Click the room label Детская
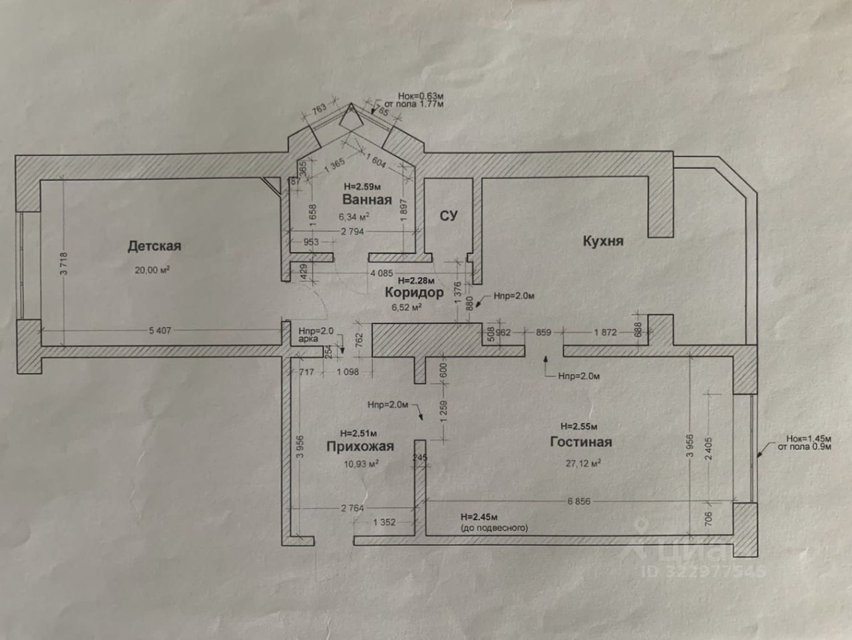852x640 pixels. pyautogui.click(x=154, y=246)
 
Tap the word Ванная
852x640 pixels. pyautogui.click(x=367, y=200)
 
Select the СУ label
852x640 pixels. pyautogui.click(x=448, y=215)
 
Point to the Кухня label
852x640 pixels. pyautogui.click(x=603, y=240)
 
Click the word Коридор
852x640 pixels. pyautogui.click(x=414, y=292)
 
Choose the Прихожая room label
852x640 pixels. pyautogui.click(x=359, y=446)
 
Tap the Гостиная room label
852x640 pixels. pyautogui.click(x=580, y=442)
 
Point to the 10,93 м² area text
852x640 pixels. pyautogui.click(x=361, y=464)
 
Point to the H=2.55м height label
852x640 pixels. pyautogui.click(x=578, y=426)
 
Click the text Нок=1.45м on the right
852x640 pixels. pyautogui.click(x=808, y=439)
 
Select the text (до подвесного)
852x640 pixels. pyautogui.click(x=494, y=528)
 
